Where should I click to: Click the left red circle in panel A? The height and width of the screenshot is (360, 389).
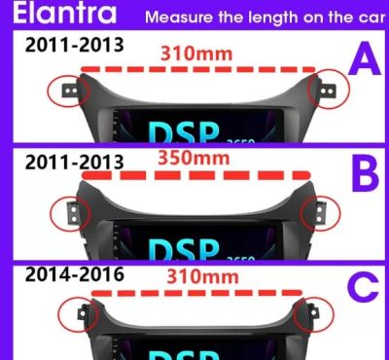pos(68,90)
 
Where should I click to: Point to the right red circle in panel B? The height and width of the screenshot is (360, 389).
pos(316,212)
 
